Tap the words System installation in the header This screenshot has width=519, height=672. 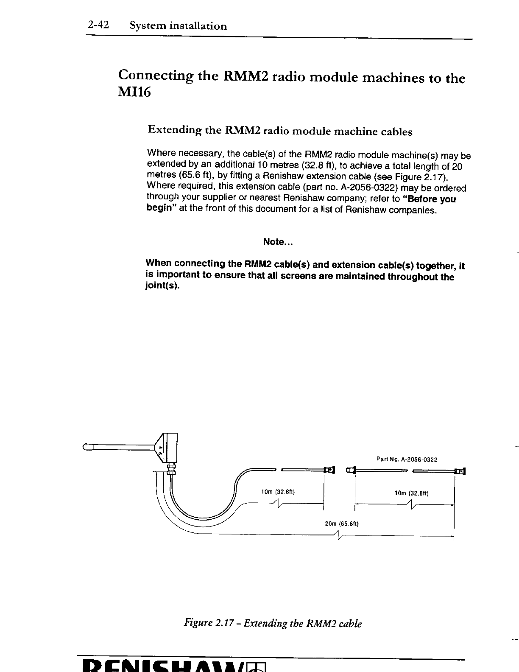click(178, 26)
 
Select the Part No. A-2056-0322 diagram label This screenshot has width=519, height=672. click(407, 459)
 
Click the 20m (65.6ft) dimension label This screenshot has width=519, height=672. click(342, 523)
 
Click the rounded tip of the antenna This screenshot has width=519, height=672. click(86, 446)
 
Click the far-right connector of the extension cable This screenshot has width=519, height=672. click(460, 470)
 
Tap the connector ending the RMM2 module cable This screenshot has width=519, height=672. click(329, 470)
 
